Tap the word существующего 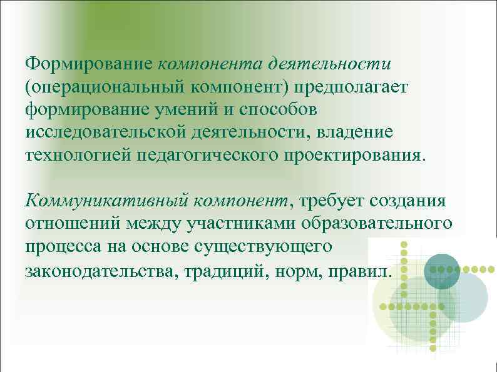pos(272,246)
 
